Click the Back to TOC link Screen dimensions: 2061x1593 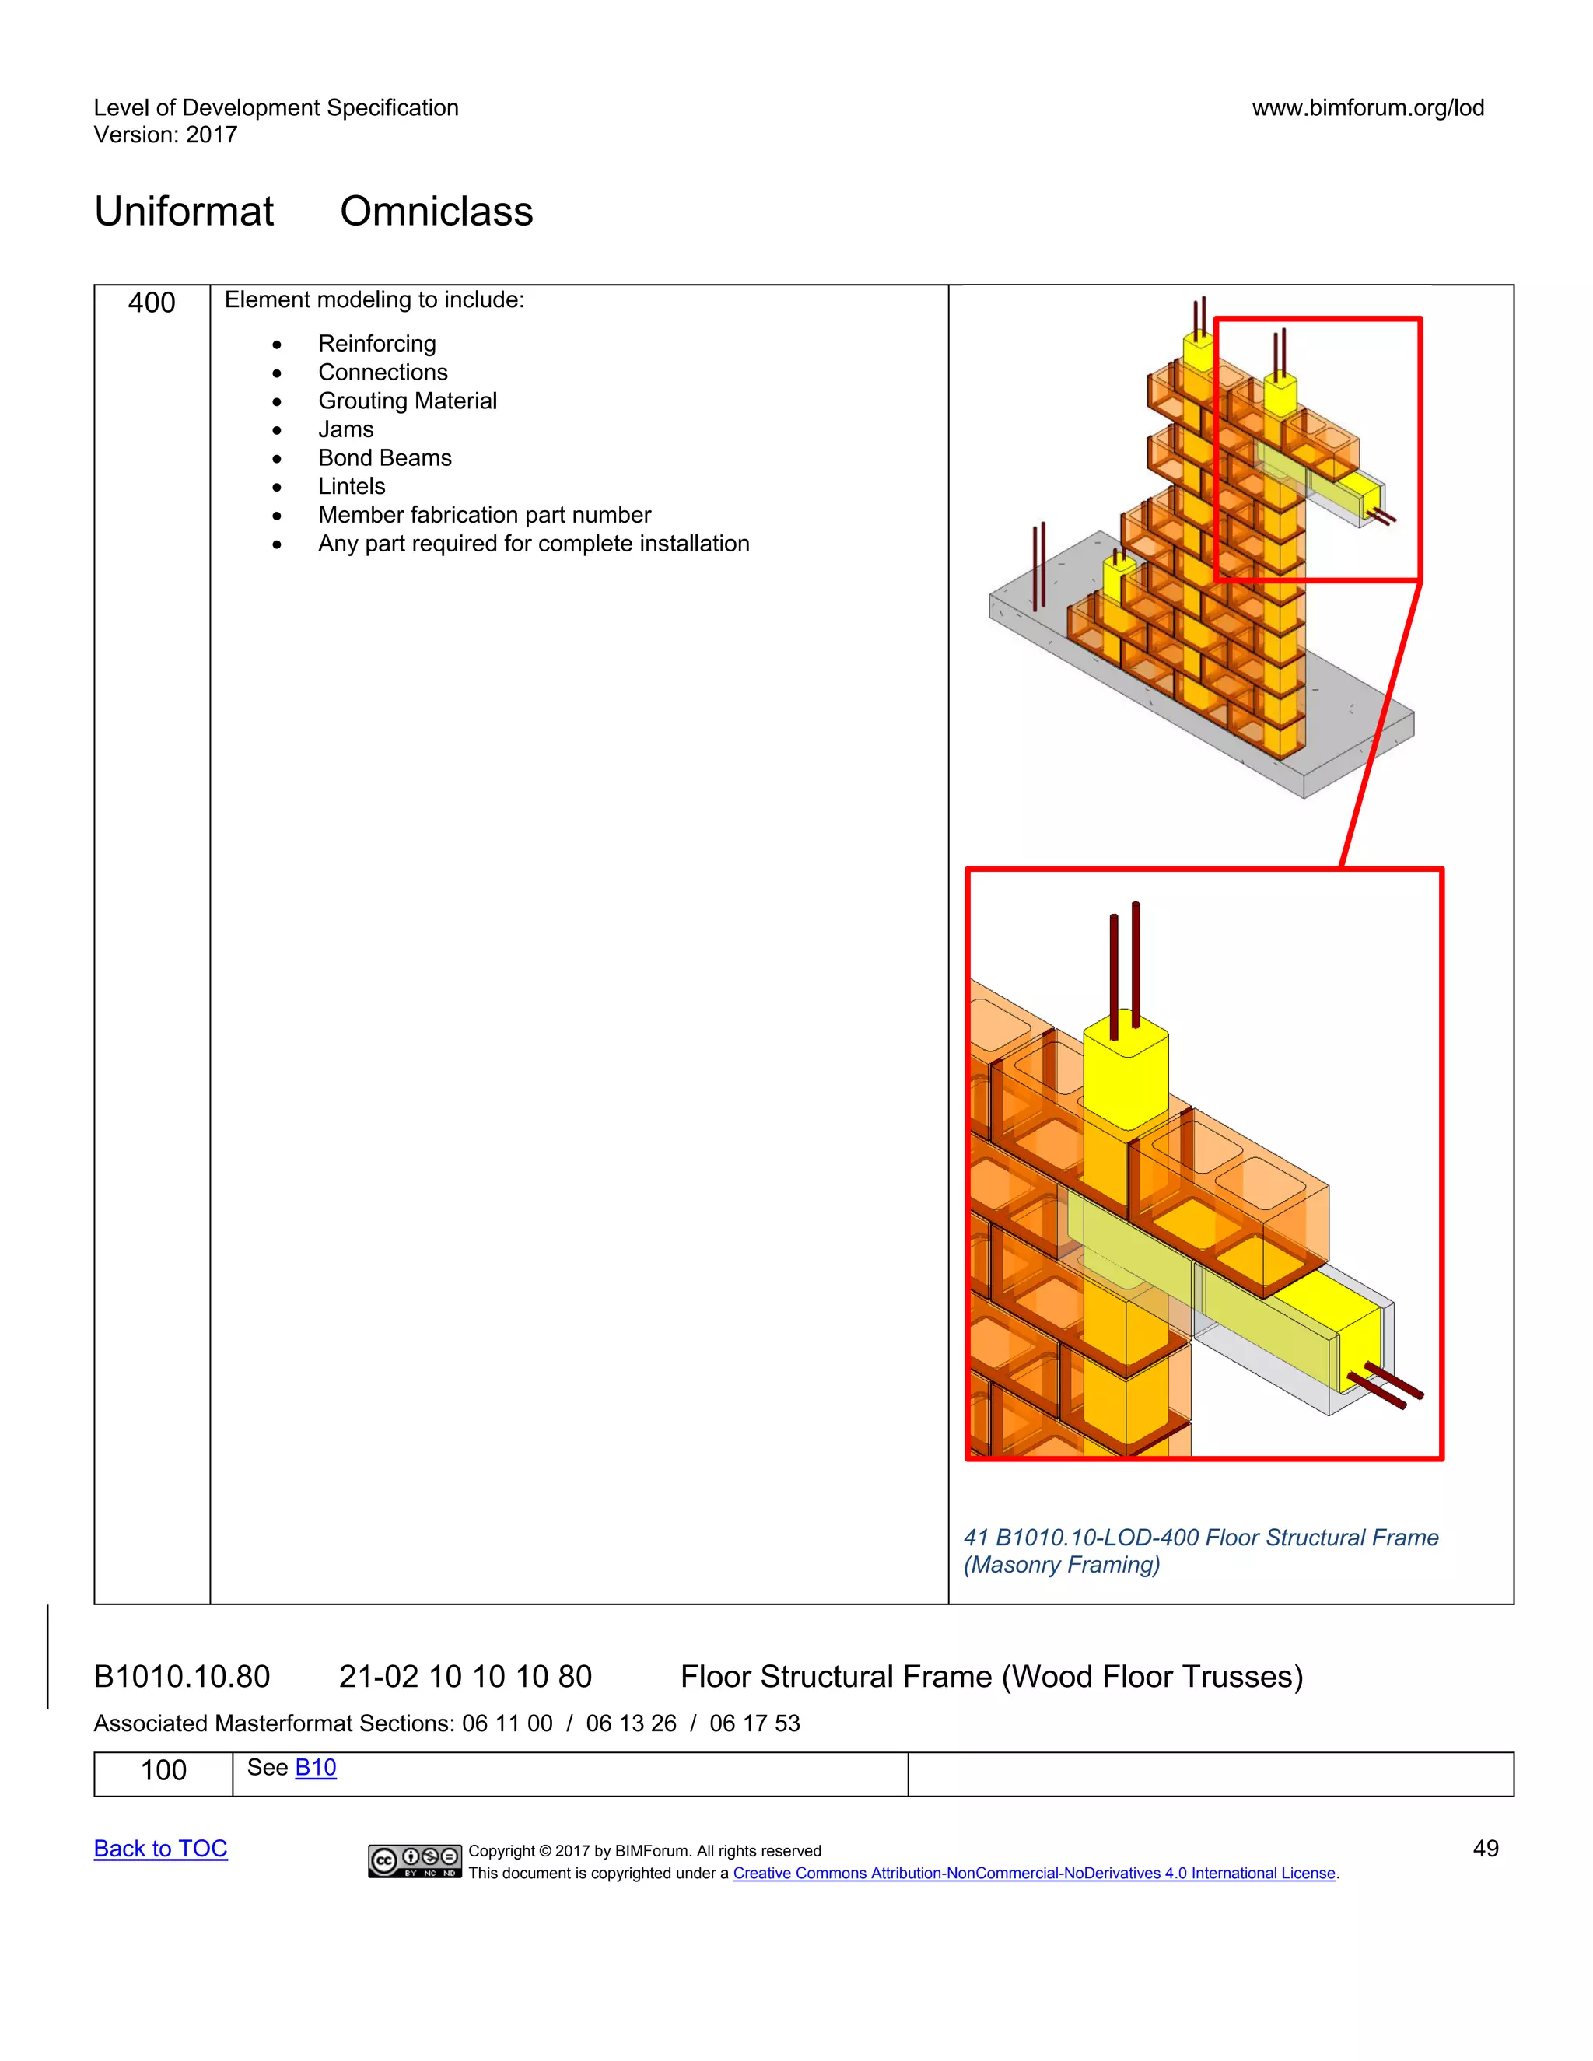point(160,1849)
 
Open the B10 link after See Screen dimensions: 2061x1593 point(315,1768)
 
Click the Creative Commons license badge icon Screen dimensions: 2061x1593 point(415,1861)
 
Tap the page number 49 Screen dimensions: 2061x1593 point(1486,1849)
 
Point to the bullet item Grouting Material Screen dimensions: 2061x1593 point(407,401)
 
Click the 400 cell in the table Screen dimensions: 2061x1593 point(152,303)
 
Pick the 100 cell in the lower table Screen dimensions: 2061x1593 point(163,1770)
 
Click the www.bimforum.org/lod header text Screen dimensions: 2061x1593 point(1367,107)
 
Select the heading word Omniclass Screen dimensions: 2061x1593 point(436,212)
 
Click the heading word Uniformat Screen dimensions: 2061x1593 point(184,212)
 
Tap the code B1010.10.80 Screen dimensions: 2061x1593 point(182,1677)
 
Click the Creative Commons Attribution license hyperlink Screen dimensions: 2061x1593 point(1034,1874)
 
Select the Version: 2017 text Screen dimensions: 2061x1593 point(165,135)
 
